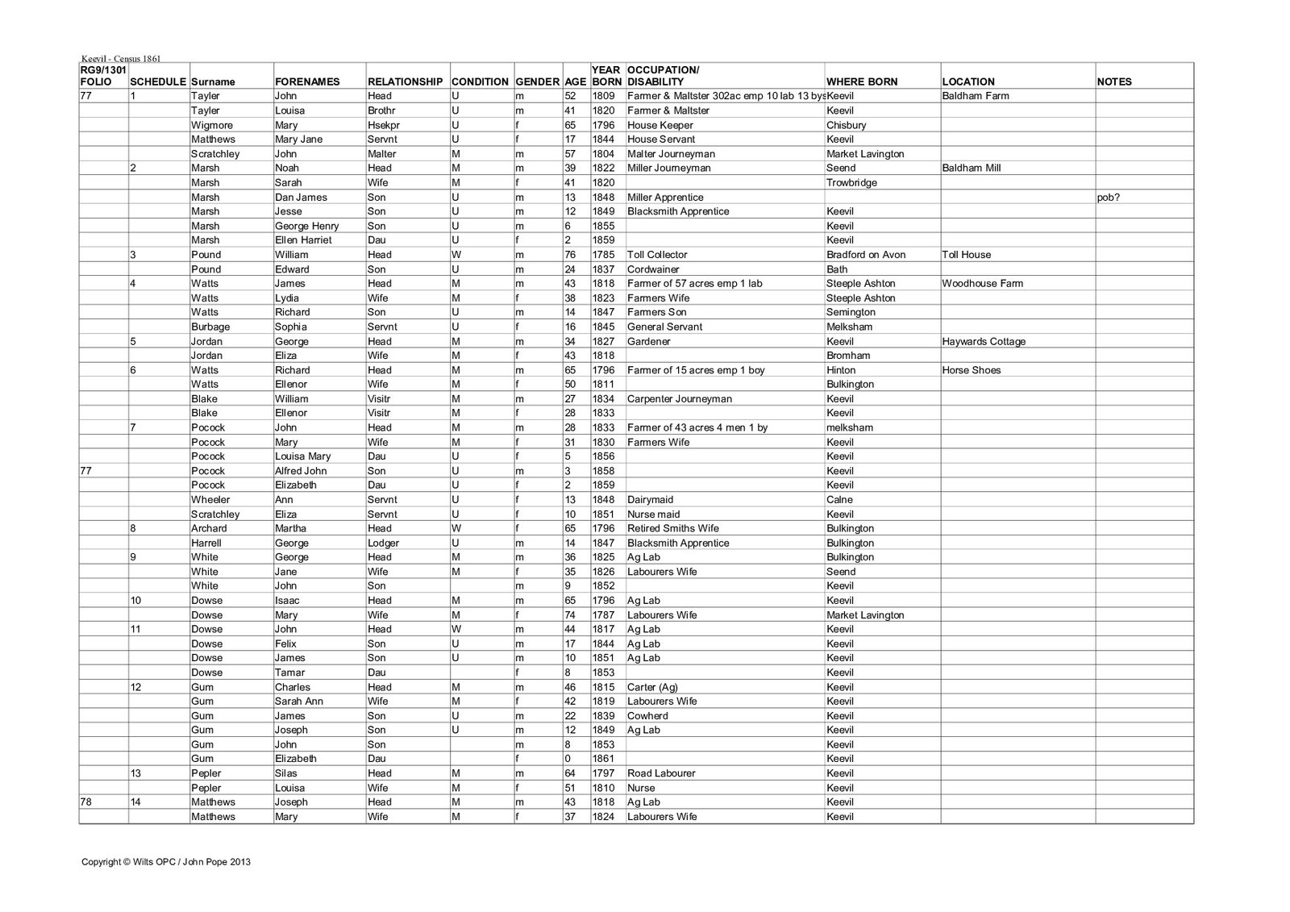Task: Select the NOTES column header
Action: point(1114,81)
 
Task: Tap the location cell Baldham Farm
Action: point(975,96)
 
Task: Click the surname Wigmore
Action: point(210,125)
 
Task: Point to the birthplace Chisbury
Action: point(846,125)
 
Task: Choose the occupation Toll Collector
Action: point(657,255)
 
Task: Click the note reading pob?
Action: point(1109,198)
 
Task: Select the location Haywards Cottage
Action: point(984,341)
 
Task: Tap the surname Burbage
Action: point(210,327)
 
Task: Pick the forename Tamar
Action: point(289,673)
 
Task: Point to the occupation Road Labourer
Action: point(661,773)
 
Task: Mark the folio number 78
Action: point(87,802)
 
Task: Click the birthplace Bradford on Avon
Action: point(866,255)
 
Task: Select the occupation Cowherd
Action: point(647,716)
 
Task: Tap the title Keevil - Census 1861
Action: point(121,58)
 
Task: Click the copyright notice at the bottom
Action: point(166,862)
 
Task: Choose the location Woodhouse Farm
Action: point(984,283)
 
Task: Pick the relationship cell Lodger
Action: point(384,543)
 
